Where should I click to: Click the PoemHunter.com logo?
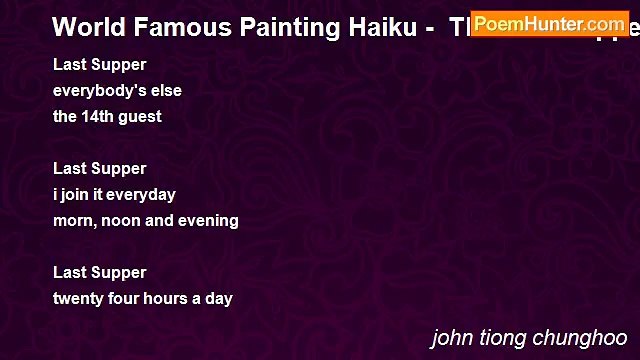point(549,23)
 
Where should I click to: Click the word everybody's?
point(99,91)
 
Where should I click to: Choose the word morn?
point(73,220)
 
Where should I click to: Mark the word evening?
point(208,221)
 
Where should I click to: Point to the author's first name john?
point(449,338)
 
